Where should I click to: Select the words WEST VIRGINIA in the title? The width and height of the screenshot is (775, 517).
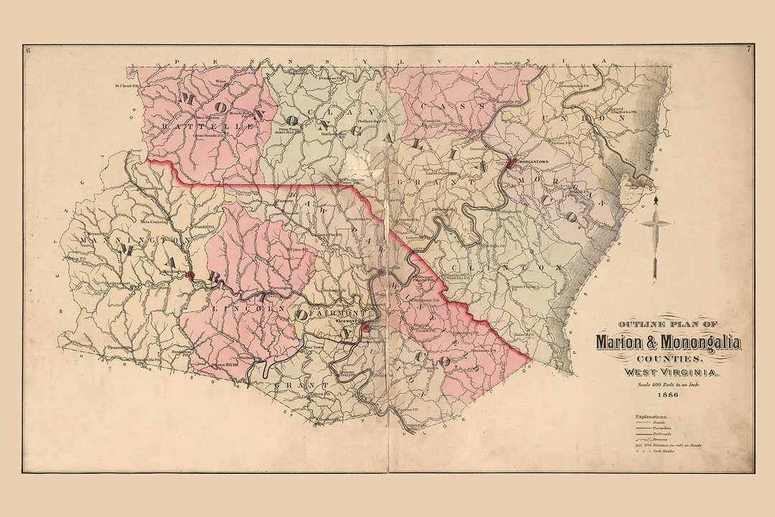667,371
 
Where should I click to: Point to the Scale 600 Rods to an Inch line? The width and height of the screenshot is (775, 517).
668,385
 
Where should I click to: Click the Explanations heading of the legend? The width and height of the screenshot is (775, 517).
651,416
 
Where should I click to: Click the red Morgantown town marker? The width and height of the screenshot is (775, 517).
511,164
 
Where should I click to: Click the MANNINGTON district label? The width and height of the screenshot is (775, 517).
136,239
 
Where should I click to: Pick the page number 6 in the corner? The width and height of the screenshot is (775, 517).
27,50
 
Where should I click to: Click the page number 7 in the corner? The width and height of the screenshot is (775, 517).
748,50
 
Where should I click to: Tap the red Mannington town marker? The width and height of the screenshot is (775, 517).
189,274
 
